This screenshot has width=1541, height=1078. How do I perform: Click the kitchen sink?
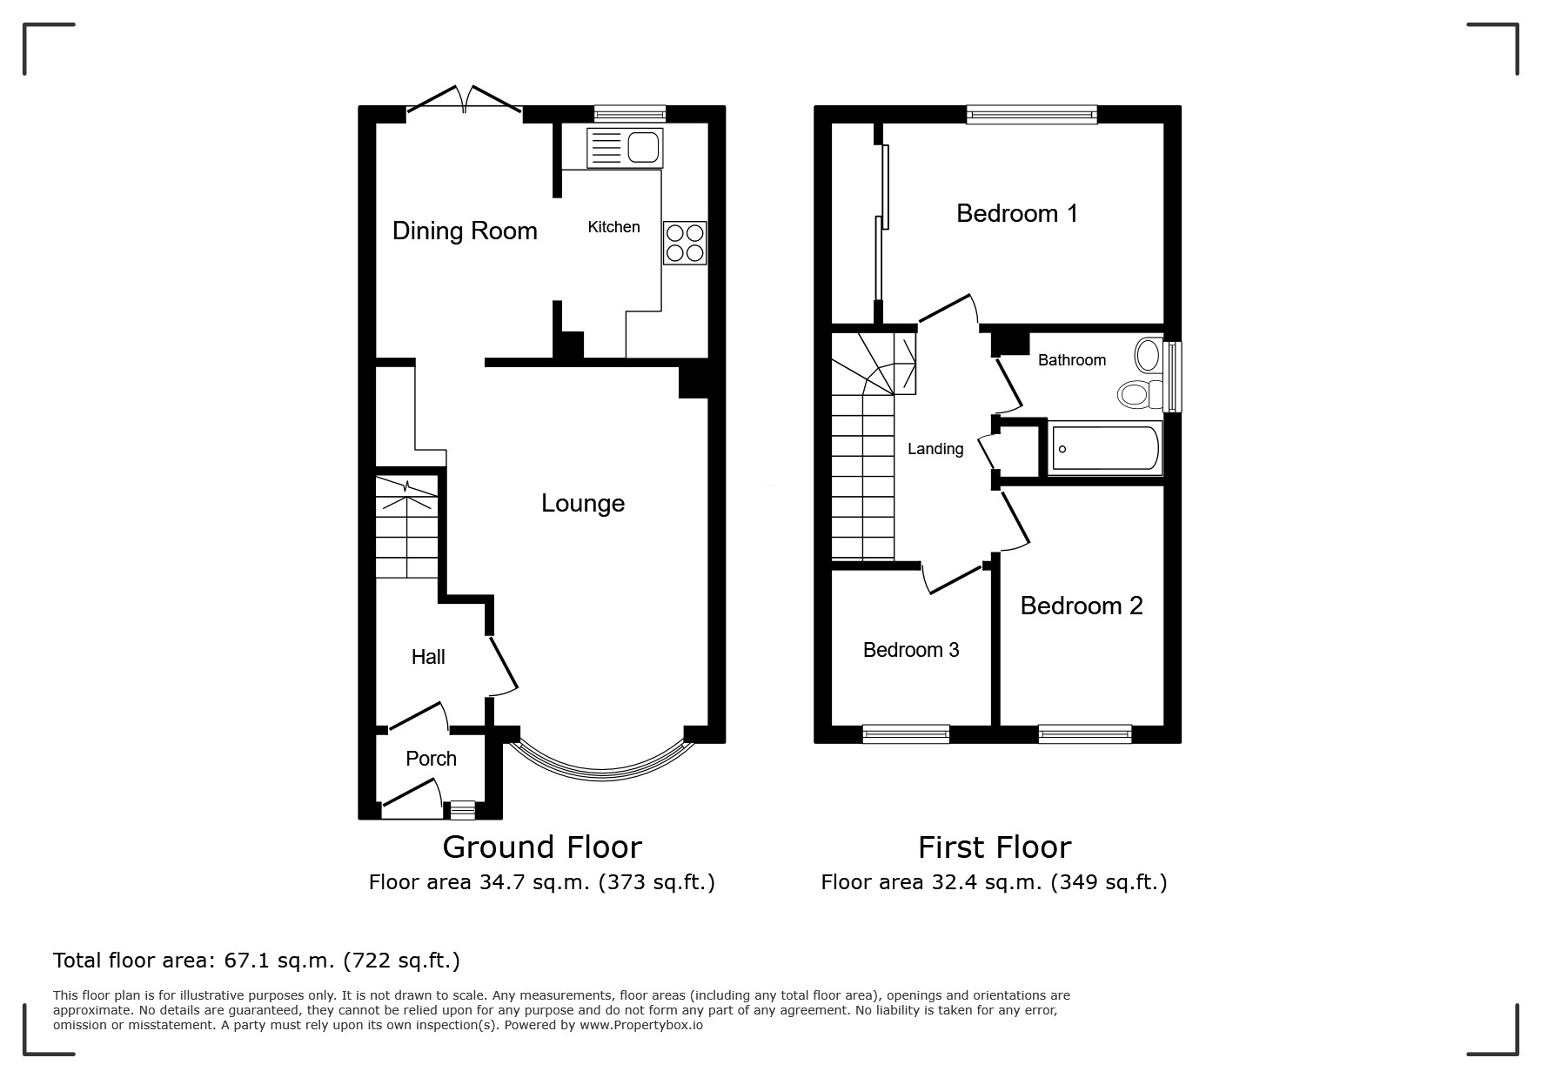[625, 148]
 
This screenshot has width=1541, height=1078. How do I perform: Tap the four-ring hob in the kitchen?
[685, 243]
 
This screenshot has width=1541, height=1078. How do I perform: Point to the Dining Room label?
[465, 231]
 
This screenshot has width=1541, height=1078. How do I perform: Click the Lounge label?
[583, 503]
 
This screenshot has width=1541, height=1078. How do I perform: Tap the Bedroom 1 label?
[1017, 213]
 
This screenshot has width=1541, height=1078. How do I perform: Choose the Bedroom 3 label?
[911, 650]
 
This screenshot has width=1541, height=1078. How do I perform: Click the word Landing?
[935, 449]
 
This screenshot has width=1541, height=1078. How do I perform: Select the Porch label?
[431, 759]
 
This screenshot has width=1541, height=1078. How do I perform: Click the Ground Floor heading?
[542, 847]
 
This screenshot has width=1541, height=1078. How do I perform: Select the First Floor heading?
[995, 847]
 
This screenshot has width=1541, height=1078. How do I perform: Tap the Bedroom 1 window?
[1032, 114]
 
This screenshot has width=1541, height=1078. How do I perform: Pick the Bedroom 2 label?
[1082, 606]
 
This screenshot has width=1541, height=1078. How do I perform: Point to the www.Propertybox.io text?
[641, 1025]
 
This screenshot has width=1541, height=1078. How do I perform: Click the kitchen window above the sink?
[630, 114]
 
